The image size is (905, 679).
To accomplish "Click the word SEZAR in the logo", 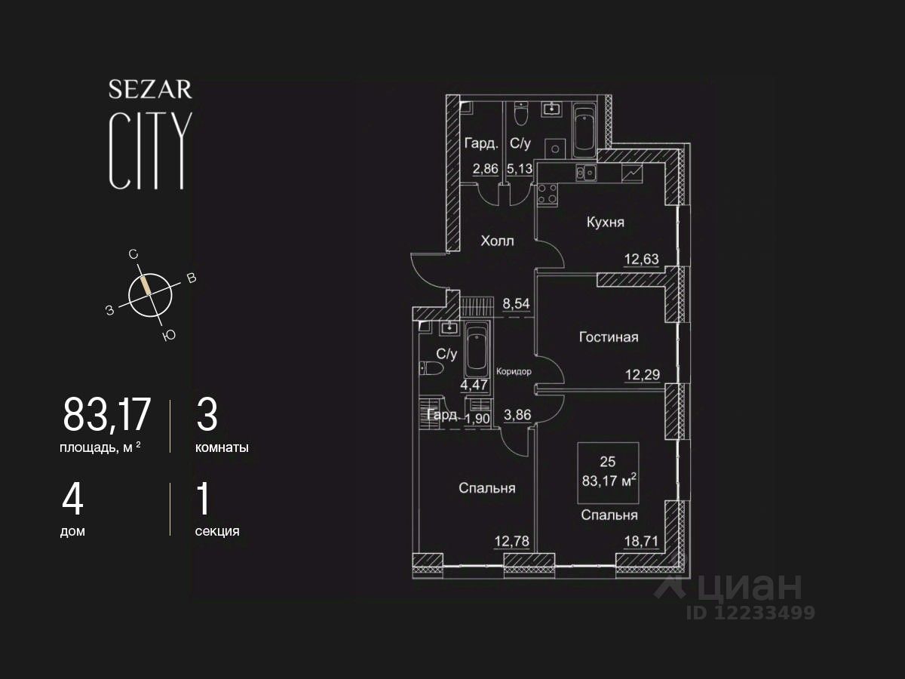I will [150, 90].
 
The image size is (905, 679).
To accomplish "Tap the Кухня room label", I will [606, 223].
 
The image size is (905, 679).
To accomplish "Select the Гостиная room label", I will [608, 337].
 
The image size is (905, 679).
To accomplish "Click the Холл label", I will [497, 241].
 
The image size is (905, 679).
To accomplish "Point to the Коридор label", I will [514, 371].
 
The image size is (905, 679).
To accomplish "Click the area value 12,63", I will [641, 260].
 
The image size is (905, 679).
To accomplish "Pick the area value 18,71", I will [641, 540].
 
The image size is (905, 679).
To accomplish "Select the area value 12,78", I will [511, 540].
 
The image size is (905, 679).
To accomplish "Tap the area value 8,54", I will [517, 305].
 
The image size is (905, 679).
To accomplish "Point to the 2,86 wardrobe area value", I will [486, 168].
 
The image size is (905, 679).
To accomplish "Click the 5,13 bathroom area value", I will [520, 168].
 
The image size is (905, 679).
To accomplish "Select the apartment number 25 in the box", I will [608, 460].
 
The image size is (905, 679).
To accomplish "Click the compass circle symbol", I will [150, 294].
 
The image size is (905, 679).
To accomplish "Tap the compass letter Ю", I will [169, 335].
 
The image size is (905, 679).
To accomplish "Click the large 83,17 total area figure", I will [107, 414].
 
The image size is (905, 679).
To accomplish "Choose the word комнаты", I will [222, 447].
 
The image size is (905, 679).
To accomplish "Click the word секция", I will [217, 531].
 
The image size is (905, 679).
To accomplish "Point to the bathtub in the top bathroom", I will [584, 131].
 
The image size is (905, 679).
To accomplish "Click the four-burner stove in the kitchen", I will [547, 194].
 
